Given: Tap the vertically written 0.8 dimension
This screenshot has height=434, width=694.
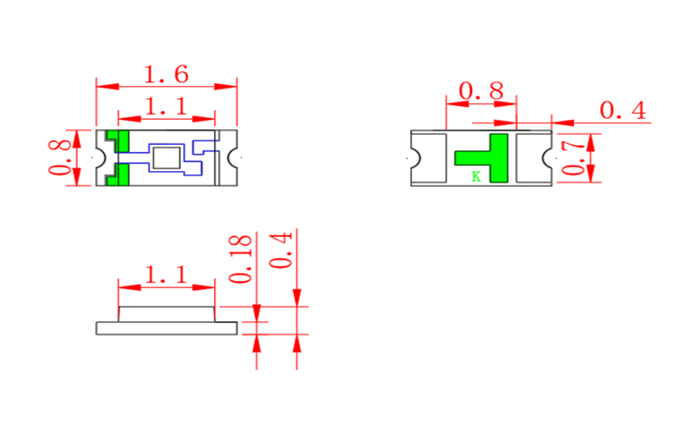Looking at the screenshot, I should (x=59, y=157).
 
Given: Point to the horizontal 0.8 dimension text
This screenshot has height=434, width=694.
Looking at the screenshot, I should (x=481, y=91).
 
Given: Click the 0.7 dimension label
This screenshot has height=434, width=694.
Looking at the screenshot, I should (x=573, y=157).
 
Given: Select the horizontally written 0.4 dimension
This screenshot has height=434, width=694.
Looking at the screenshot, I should (x=622, y=111).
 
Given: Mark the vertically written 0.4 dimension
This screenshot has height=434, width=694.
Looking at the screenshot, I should (x=282, y=251).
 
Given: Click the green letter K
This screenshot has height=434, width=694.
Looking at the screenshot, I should (x=475, y=177).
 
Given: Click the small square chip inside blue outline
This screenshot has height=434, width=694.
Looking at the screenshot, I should (x=166, y=158).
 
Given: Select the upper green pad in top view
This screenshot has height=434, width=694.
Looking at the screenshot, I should (x=119, y=140).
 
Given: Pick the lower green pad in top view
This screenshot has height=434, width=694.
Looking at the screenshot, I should (x=119, y=175).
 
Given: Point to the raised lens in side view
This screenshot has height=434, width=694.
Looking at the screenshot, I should (x=166, y=313).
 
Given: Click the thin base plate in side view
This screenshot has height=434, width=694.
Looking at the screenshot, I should (x=166, y=328).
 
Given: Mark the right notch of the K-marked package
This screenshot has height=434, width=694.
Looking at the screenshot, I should (x=548, y=158).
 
